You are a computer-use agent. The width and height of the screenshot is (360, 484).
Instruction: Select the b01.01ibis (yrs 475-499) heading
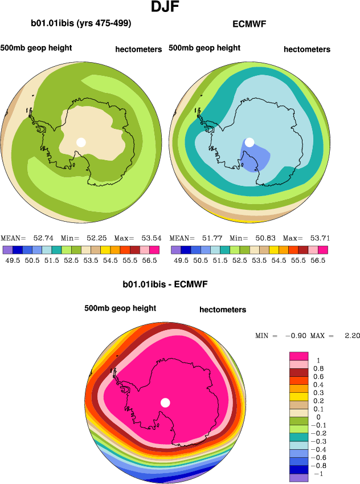[x=81, y=23]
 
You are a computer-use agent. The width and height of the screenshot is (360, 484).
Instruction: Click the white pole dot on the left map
[x=81, y=142]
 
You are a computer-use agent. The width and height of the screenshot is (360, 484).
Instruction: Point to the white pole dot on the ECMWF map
[x=249, y=142]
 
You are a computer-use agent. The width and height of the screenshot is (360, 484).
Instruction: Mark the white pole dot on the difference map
[x=165, y=402]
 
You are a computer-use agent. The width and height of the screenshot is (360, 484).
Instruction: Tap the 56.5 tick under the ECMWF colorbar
[x=318, y=260]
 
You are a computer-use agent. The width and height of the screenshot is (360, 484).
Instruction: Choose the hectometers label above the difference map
[x=223, y=310]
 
